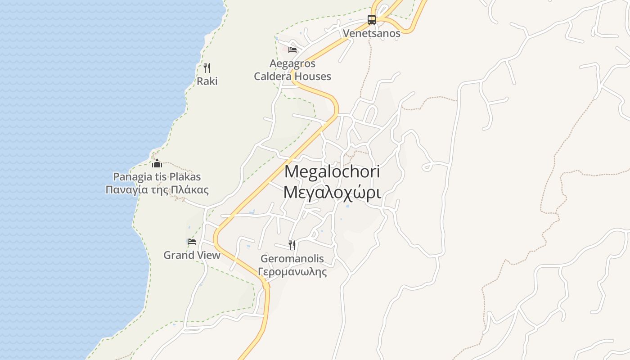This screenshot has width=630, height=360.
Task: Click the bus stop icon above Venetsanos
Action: pos(372,20)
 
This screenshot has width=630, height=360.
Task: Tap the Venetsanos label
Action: pos(372,33)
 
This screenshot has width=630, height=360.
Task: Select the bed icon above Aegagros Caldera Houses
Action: pos(292,49)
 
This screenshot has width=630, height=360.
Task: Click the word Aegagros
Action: pos(292,63)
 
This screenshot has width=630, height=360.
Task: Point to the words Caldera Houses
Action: pos(292,76)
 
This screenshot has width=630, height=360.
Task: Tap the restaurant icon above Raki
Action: pos(207,68)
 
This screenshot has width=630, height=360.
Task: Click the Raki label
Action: pos(207,81)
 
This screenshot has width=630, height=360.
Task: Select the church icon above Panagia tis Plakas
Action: pos(157,163)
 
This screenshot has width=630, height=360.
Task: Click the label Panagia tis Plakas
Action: pos(157,176)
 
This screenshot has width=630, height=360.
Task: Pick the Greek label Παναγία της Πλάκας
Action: pos(157,189)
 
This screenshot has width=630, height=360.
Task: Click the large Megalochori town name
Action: pos(333,171)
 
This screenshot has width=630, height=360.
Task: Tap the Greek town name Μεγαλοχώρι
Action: pos(333,193)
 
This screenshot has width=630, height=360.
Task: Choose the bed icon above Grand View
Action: pos(192,242)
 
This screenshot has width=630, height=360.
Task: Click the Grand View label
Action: pos(192,255)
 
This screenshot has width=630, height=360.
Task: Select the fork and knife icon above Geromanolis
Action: pos(292,245)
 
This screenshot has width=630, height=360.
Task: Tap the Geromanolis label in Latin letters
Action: pos(292,259)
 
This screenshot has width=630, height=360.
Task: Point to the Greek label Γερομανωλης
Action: pos(292,272)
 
